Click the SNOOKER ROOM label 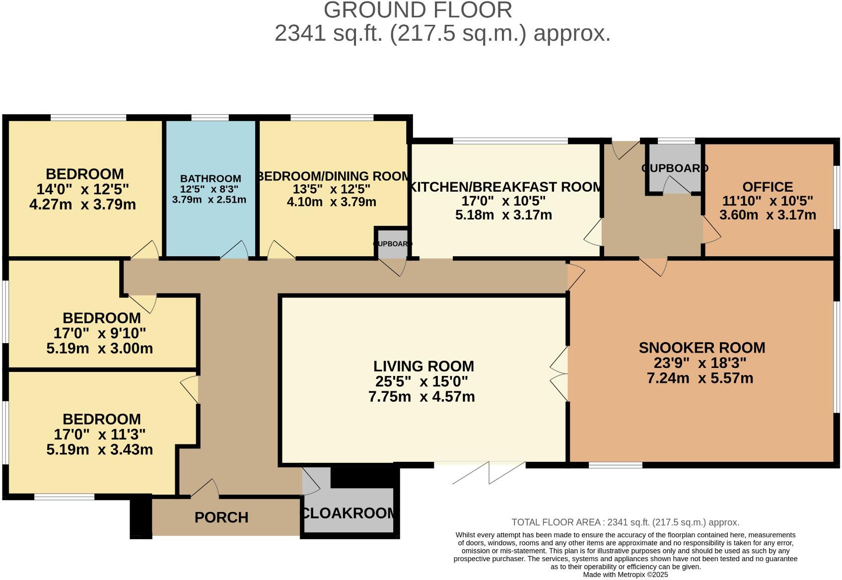coord(702,348)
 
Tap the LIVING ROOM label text coord(423,366)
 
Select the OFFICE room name coord(768,187)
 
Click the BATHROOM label coord(210,178)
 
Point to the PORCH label coord(221,517)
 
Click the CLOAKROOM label coord(349,513)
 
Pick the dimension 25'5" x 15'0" coord(421,382)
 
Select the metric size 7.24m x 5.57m coord(700,378)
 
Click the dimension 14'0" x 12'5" coord(83,189)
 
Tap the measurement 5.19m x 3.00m coord(99,349)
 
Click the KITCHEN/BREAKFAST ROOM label coord(505,187)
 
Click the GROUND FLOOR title coord(418,10)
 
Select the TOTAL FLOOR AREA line coord(625,522)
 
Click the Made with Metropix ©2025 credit coord(625,575)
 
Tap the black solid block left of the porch coord(140,516)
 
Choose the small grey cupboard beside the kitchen coord(392,244)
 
